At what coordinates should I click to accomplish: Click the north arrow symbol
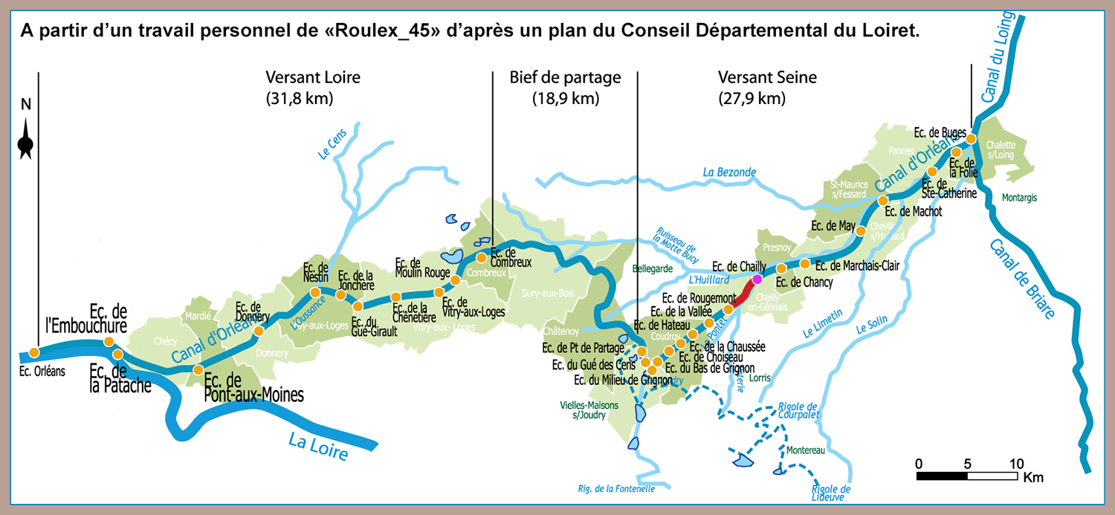(26, 141)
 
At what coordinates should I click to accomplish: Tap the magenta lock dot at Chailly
(757, 279)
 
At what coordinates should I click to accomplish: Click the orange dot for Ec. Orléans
(34, 352)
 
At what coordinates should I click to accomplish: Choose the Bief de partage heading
(565, 77)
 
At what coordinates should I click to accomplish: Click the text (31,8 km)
(299, 97)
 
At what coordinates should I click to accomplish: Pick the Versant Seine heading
(767, 77)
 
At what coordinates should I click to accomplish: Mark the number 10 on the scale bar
(1015, 463)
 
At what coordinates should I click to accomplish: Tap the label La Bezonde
(729, 172)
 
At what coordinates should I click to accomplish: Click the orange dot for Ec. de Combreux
(481, 258)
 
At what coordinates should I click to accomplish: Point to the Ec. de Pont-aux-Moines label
(253, 386)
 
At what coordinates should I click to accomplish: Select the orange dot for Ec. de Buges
(971, 138)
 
